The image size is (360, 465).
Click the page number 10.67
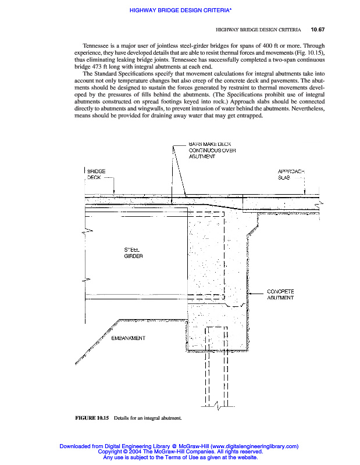point(318,29)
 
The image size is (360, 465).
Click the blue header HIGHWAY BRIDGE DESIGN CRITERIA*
point(180,10)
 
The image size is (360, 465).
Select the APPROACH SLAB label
point(291,174)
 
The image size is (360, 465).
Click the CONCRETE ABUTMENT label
point(280,294)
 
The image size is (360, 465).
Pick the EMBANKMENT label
point(128,338)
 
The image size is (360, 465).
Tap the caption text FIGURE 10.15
point(92,417)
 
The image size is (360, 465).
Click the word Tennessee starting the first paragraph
point(97,45)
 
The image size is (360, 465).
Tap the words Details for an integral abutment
point(148,417)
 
